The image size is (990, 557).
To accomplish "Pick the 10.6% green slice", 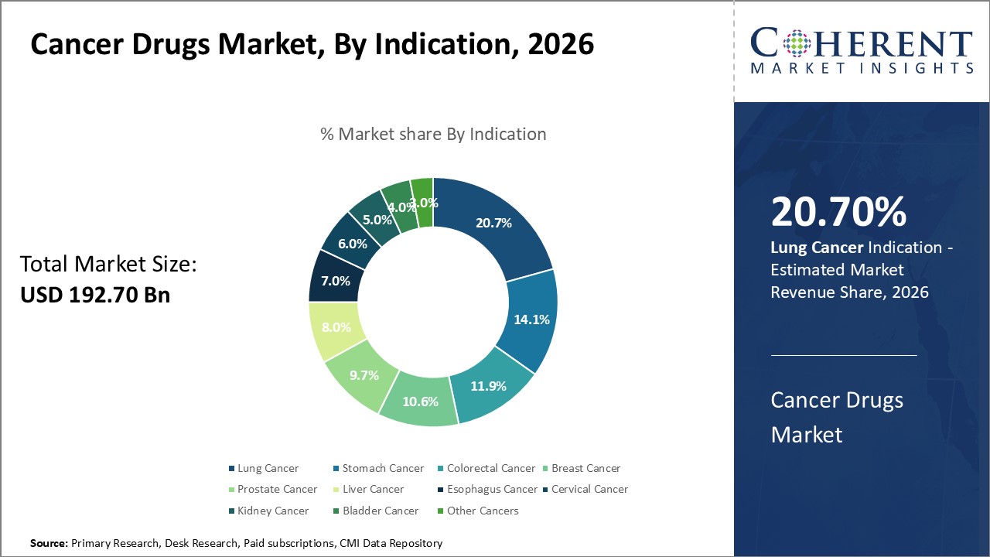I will point(421,402).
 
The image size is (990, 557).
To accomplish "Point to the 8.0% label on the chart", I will point(336,327).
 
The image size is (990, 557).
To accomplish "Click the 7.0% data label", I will point(336,281).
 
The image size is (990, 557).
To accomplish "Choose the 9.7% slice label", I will point(364,375).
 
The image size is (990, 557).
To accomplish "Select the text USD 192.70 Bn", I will point(94,295).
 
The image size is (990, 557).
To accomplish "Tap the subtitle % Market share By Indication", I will point(433,134).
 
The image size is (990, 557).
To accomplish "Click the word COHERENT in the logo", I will point(861,43).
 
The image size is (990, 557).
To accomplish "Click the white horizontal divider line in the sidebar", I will point(843,356).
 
